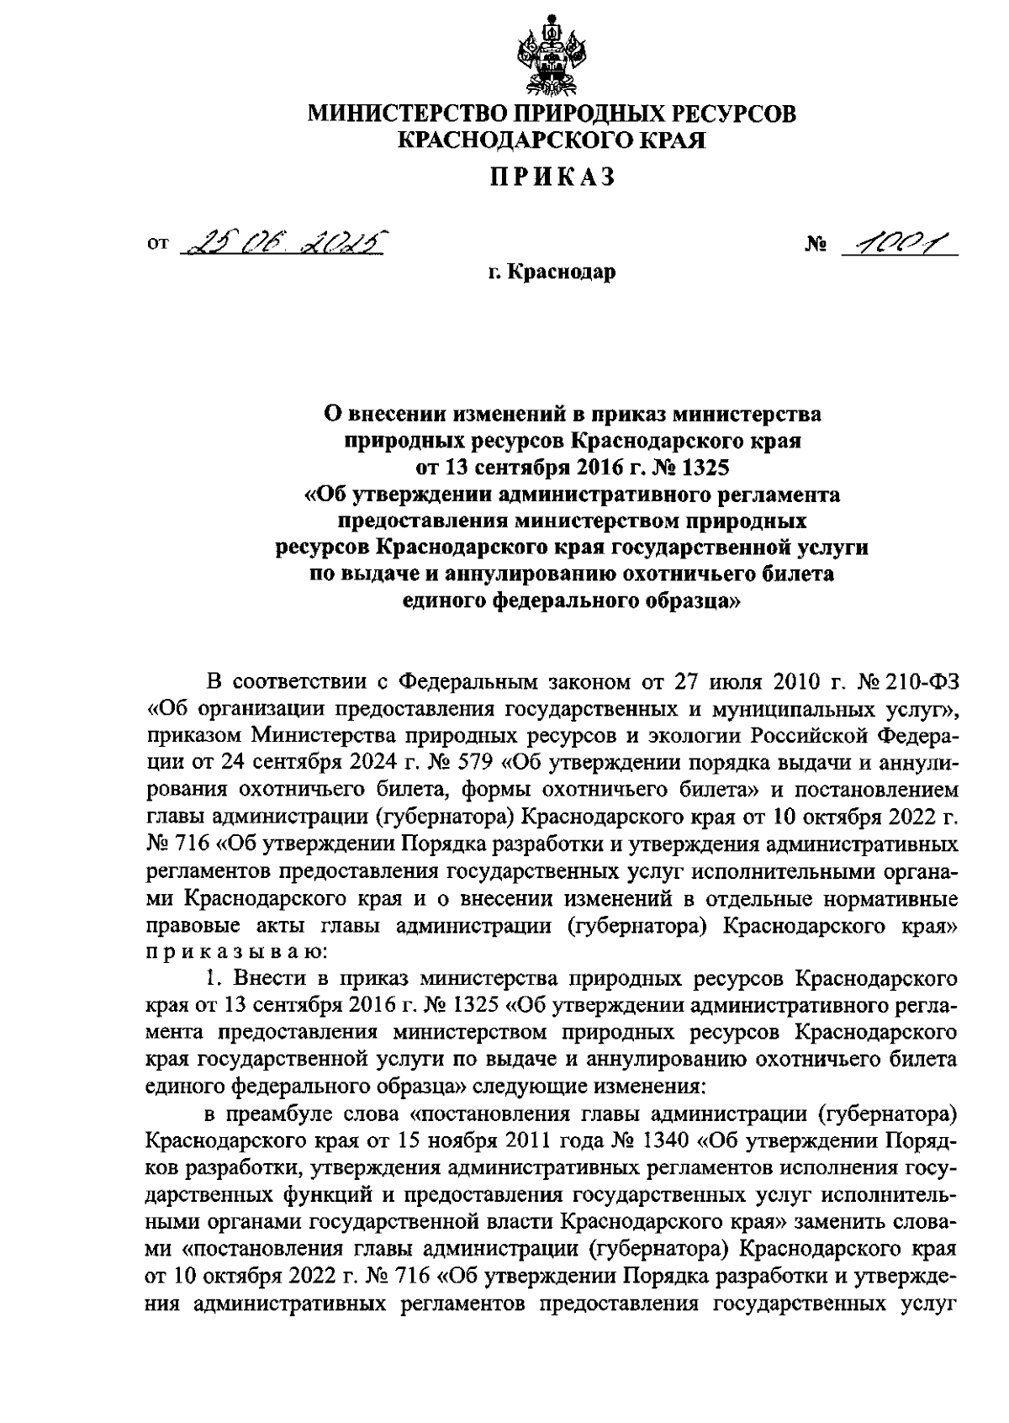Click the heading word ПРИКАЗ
coord(551,176)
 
